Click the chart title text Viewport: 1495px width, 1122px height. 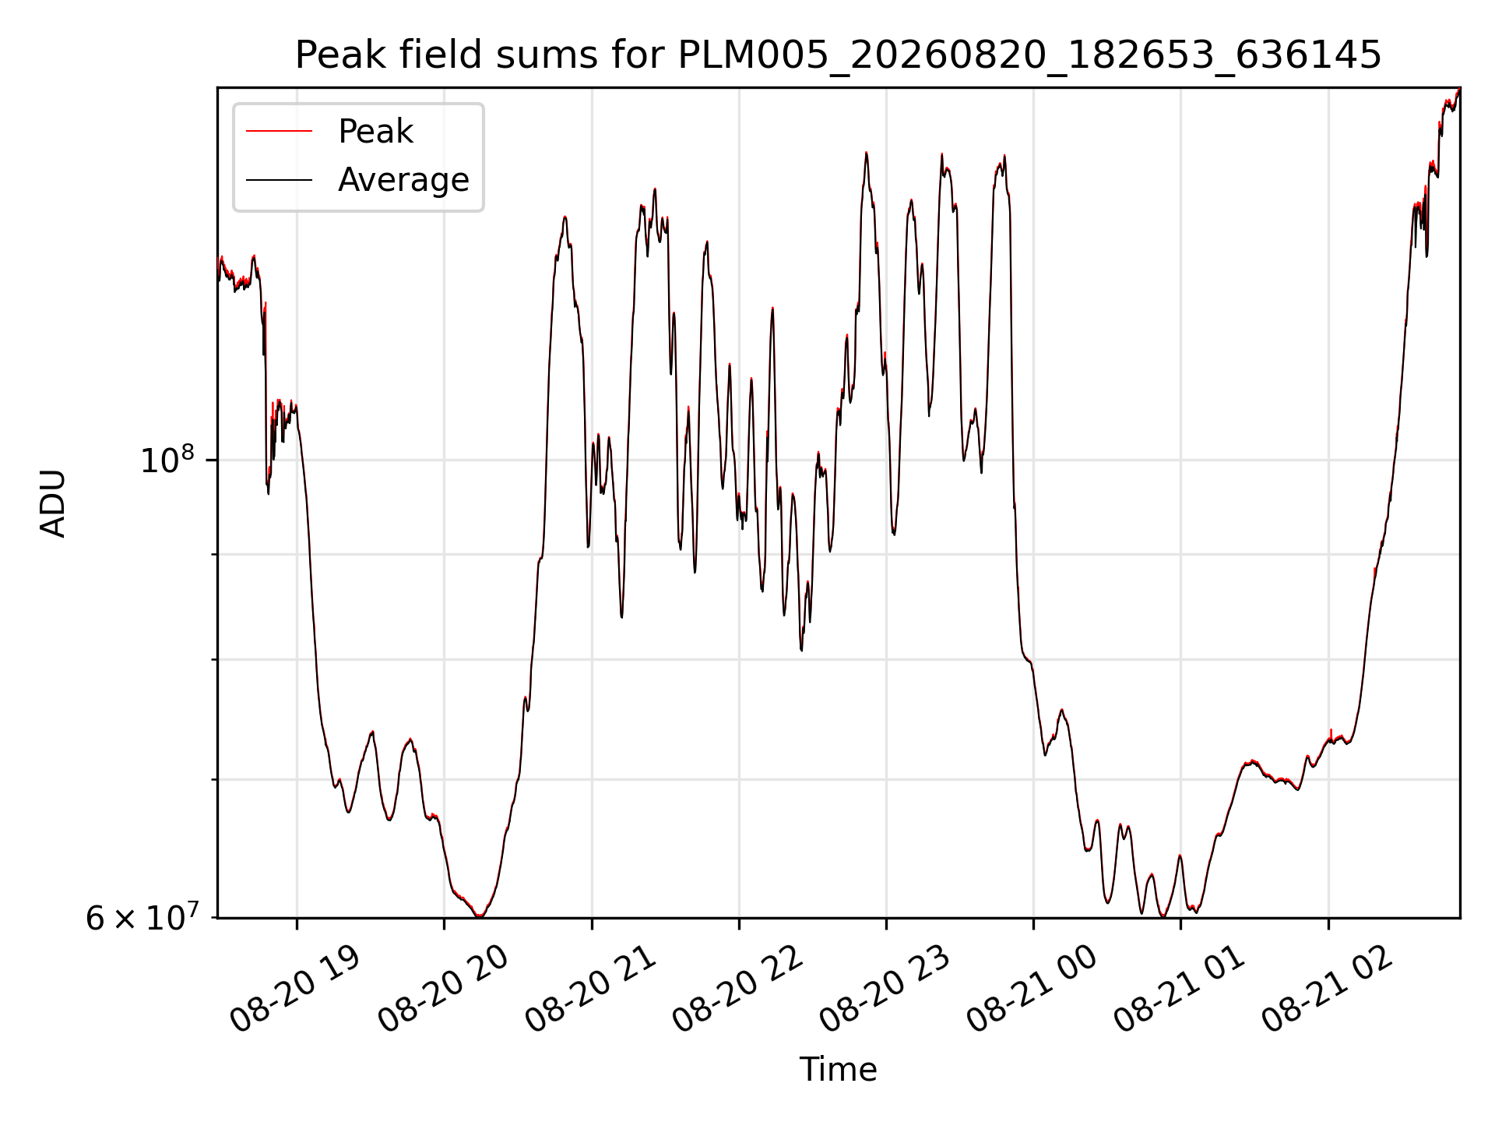(x=838, y=56)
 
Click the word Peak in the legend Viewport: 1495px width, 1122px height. (x=375, y=132)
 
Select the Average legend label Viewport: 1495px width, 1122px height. (x=403, y=180)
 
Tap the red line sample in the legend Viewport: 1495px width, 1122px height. (x=279, y=132)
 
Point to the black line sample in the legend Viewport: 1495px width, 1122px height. (x=279, y=180)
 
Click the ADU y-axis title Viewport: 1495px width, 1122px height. (x=53, y=503)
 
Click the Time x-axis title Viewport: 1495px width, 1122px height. (x=838, y=1070)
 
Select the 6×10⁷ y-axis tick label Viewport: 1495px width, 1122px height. (x=141, y=917)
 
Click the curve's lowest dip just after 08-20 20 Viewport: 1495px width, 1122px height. (x=479, y=916)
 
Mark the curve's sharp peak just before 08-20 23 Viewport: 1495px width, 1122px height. (x=866, y=153)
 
